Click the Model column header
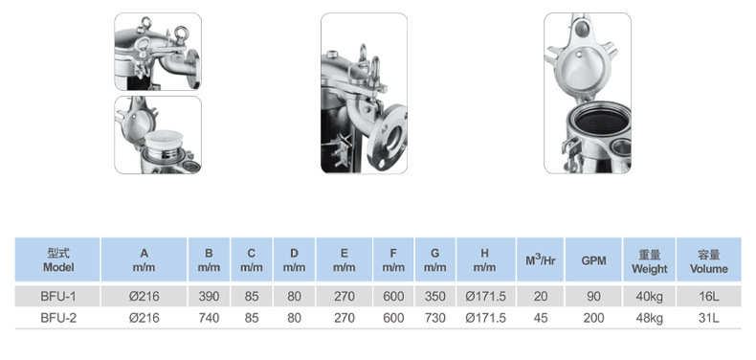(x=58, y=260)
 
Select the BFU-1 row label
(x=58, y=296)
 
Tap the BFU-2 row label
(x=58, y=318)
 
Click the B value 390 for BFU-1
(x=209, y=296)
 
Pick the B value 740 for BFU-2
(x=209, y=318)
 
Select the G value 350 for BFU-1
(x=434, y=296)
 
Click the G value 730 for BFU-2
(x=434, y=318)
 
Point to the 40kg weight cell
(x=649, y=296)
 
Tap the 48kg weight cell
(x=649, y=318)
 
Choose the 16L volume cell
(x=709, y=296)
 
